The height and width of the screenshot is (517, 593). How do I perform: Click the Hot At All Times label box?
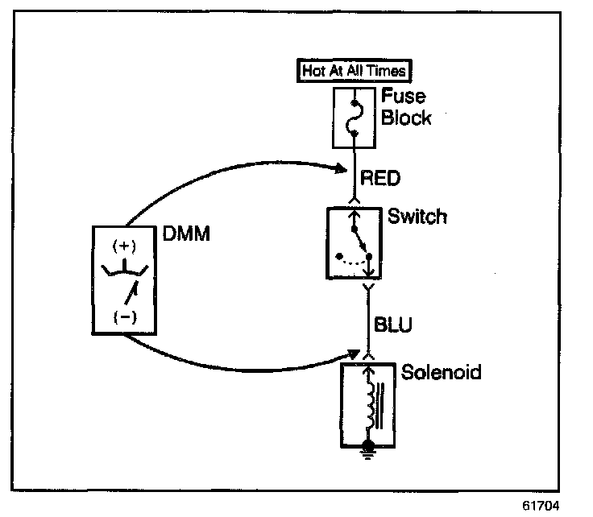point(355,70)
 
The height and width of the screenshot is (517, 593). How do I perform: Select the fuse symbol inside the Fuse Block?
point(355,119)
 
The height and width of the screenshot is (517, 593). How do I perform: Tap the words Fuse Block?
point(406,107)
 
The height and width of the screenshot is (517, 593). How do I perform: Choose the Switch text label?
point(417,217)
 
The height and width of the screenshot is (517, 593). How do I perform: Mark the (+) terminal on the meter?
point(126,245)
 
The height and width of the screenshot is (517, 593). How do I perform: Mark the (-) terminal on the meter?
point(126,316)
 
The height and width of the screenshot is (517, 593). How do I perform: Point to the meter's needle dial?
point(127,278)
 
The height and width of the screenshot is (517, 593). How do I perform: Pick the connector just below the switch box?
point(369,287)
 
